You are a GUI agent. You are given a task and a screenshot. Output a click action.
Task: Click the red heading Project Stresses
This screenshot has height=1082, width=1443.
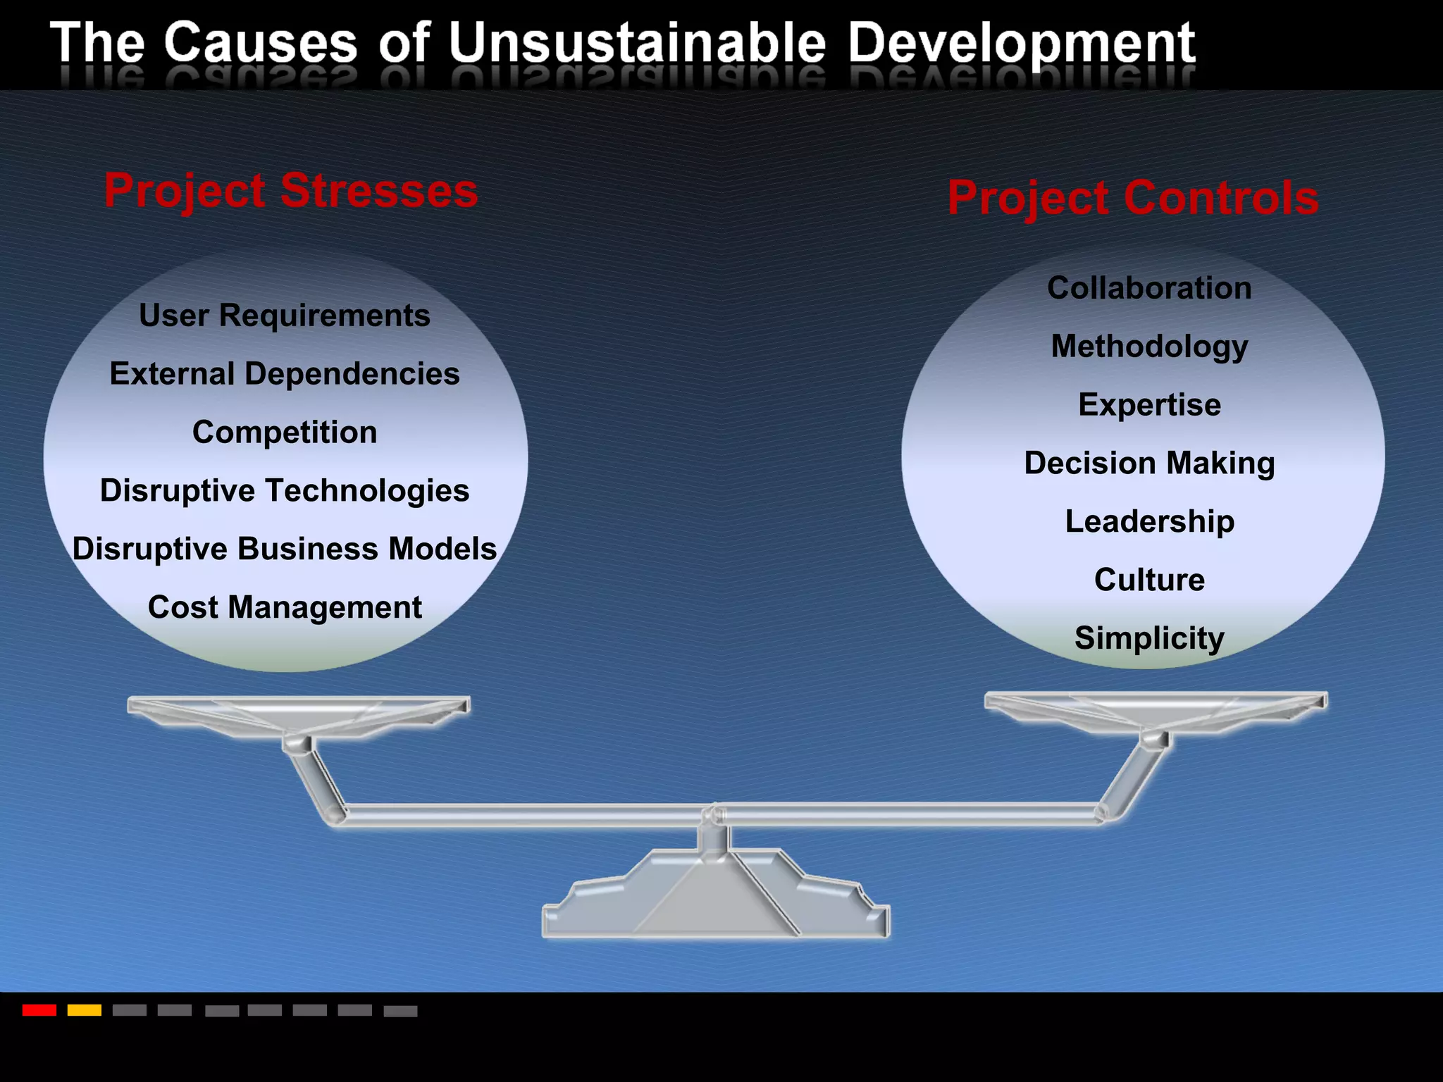pyautogui.click(x=291, y=191)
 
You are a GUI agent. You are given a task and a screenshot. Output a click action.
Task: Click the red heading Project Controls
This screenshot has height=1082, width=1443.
pyautogui.click(x=1133, y=198)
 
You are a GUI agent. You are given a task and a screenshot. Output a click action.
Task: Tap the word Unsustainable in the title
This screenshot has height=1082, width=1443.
pyautogui.click(x=637, y=44)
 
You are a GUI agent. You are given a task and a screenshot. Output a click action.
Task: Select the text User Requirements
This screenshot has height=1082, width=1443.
pyautogui.click(x=285, y=316)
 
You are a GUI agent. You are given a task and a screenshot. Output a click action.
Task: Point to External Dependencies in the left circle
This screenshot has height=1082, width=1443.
pyautogui.click(x=285, y=374)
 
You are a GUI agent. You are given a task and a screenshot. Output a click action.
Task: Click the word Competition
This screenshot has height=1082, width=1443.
pyautogui.click(x=285, y=433)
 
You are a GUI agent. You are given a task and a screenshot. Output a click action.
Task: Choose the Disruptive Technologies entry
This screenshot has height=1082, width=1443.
pyautogui.click(x=285, y=491)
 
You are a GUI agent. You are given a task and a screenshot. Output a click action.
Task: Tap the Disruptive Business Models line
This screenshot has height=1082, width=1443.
pyautogui.click(x=285, y=549)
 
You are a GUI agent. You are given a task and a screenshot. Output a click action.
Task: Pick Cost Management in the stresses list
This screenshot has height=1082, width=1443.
pyautogui.click(x=285, y=608)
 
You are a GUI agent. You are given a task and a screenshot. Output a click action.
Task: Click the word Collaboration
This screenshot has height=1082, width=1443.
pyautogui.click(x=1149, y=288)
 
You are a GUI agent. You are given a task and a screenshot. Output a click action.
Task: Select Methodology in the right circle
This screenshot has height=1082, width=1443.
pyautogui.click(x=1149, y=347)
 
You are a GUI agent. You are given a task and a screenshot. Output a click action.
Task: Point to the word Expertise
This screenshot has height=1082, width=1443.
pyautogui.click(x=1149, y=405)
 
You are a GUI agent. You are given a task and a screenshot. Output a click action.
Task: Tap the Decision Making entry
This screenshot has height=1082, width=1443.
pyautogui.click(x=1149, y=464)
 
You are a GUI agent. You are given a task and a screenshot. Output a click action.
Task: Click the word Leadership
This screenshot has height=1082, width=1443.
pyautogui.click(x=1149, y=522)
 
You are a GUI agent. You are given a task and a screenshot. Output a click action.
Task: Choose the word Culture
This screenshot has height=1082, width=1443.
pyautogui.click(x=1149, y=580)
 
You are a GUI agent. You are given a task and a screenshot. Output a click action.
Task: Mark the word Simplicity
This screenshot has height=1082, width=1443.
pyautogui.click(x=1149, y=639)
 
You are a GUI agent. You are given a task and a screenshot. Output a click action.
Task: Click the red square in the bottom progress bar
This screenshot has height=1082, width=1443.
pyautogui.click(x=39, y=1010)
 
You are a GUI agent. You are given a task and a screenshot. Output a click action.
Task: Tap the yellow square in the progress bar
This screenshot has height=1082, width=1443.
pyautogui.click(x=85, y=1010)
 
